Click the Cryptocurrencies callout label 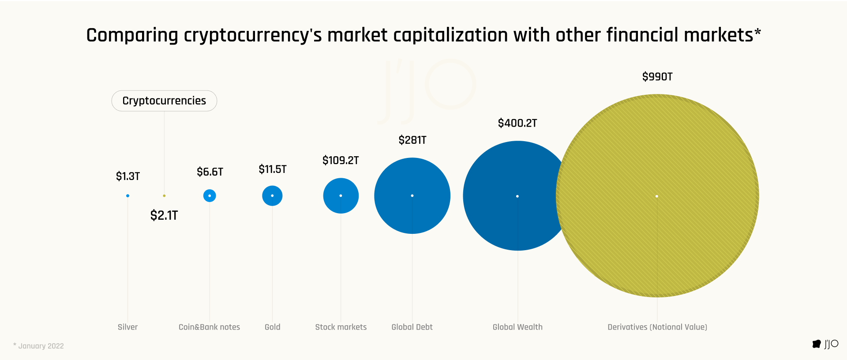164,101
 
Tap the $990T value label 657,77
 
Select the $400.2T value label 517,123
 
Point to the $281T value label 412,140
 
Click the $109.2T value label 341,161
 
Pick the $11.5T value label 272,169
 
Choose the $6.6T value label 210,172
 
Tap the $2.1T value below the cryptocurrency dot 164,215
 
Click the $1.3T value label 128,176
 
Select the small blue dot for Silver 127,195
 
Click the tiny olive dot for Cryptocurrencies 164,195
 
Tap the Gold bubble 272,195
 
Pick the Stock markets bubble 341,195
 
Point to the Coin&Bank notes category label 209,327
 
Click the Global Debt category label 412,327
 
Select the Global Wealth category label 517,327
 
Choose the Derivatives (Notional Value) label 657,327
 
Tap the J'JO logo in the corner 825,344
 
